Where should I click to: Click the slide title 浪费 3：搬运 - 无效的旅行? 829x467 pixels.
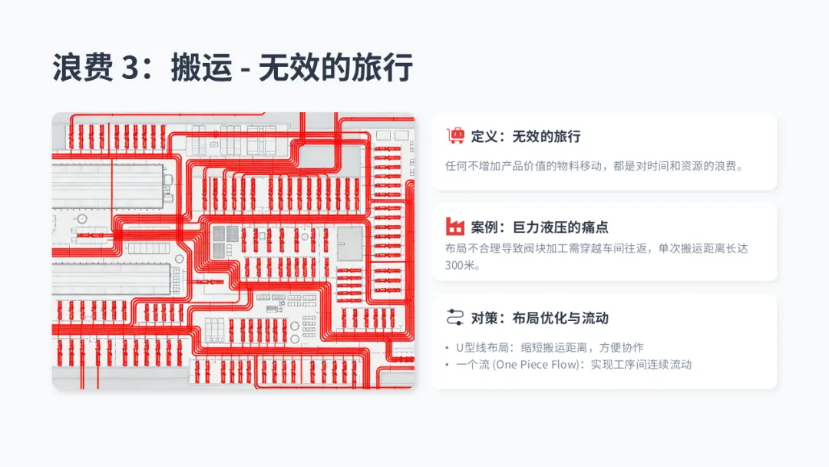coord(233,68)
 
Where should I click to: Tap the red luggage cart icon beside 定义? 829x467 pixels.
coord(456,136)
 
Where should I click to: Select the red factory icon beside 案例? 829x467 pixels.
coord(456,227)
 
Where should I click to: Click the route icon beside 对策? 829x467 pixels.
coord(456,317)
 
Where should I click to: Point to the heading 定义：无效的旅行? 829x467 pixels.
coord(526,137)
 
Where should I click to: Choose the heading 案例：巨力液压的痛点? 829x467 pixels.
coord(540,227)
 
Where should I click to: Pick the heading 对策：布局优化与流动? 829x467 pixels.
coord(540,318)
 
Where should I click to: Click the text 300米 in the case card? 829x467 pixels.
coord(461,266)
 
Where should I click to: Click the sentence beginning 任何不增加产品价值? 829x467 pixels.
coord(594,165)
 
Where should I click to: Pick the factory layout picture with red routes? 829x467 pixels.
coord(233,251)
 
